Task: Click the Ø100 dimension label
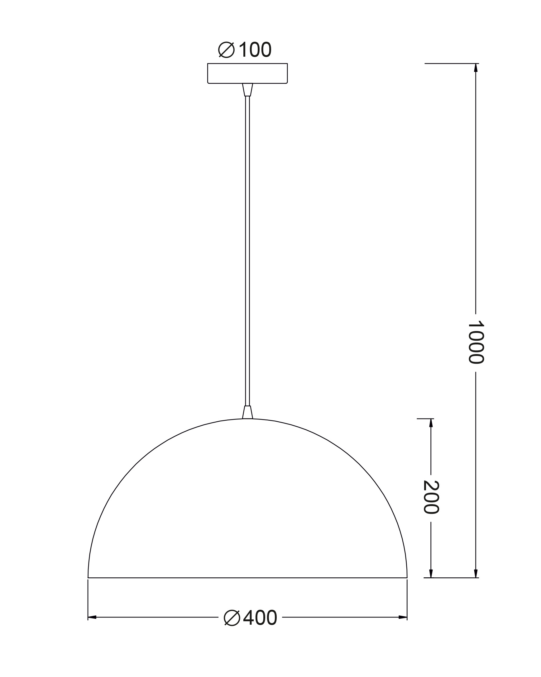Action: click(245, 50)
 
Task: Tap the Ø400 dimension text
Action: click(250, 618)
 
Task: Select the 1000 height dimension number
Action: click(476, 342)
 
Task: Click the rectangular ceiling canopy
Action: click(247, 73)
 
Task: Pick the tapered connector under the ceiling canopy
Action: click(247, 90)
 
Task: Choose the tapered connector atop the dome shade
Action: click(247, 412)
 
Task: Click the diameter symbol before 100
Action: click(227, 50)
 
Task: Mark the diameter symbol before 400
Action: click(232, 618)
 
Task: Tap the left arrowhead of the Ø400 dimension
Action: click(92, 617)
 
